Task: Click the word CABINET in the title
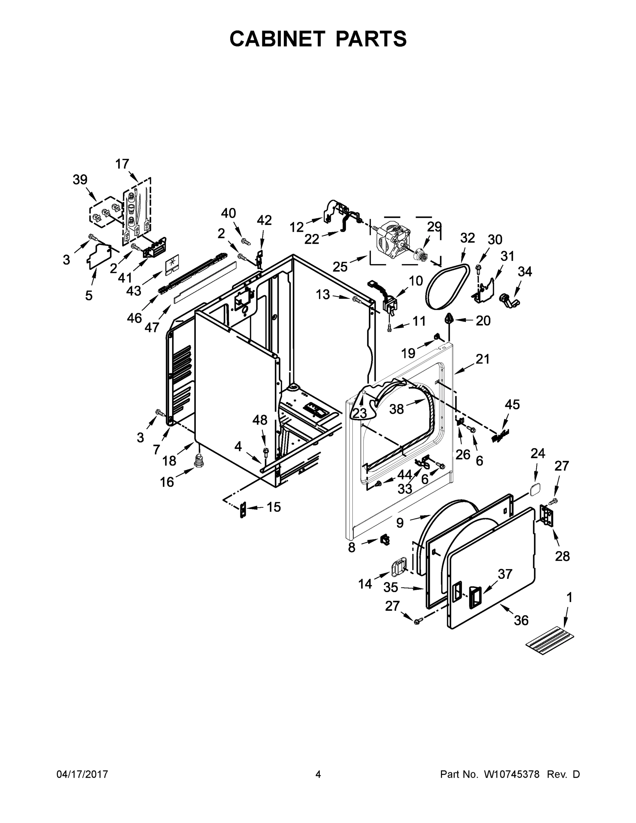[x=277, y=38]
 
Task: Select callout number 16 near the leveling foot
[x=167, y=482]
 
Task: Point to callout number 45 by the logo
[x=512, y=404]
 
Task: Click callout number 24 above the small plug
[x=538, y=453]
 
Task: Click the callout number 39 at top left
[x=80, y=180]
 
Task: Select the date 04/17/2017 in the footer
[x=82, y=774]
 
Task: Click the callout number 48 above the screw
[x=260, y=420]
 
